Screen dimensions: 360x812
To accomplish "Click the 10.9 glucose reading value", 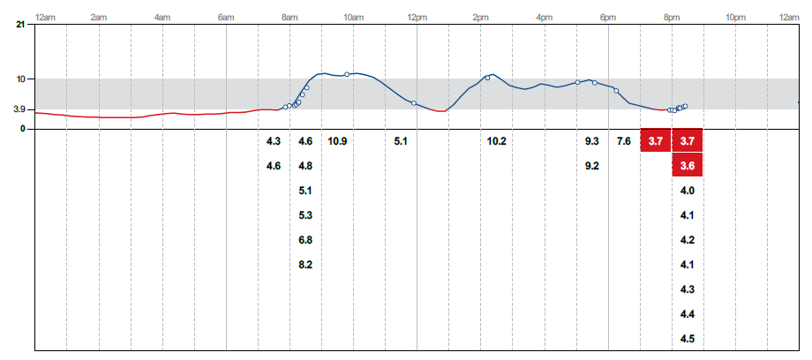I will pos(337,141).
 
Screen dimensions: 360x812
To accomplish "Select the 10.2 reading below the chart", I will pos(496,141).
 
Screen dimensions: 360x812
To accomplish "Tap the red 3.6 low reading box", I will pos(688,166).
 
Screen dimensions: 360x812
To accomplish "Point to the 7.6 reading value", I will pos(623,141).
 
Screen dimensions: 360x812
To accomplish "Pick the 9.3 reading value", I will pos(591,141).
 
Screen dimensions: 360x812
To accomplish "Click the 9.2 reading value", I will pos(591,166).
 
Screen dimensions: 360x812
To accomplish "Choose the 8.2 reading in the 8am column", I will pos(305,265).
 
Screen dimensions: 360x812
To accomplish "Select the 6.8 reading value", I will pos(305,240).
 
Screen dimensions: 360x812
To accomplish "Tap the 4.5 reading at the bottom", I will pos(688,339).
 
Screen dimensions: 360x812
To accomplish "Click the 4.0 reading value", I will pos(688,191).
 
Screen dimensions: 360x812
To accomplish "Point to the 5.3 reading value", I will pos(305,215).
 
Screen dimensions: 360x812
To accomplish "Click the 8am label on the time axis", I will pos(289,17).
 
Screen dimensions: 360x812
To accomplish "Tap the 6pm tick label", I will pos(608,17).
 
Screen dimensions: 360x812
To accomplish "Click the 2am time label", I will pos(99,17).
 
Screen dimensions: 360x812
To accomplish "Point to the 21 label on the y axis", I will pos(20,25).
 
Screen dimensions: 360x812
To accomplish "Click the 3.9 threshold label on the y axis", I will pos(19,109).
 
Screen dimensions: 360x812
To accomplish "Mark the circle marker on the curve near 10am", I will pos(347,74).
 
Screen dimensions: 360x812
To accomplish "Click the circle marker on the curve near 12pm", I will pos(414,103).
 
